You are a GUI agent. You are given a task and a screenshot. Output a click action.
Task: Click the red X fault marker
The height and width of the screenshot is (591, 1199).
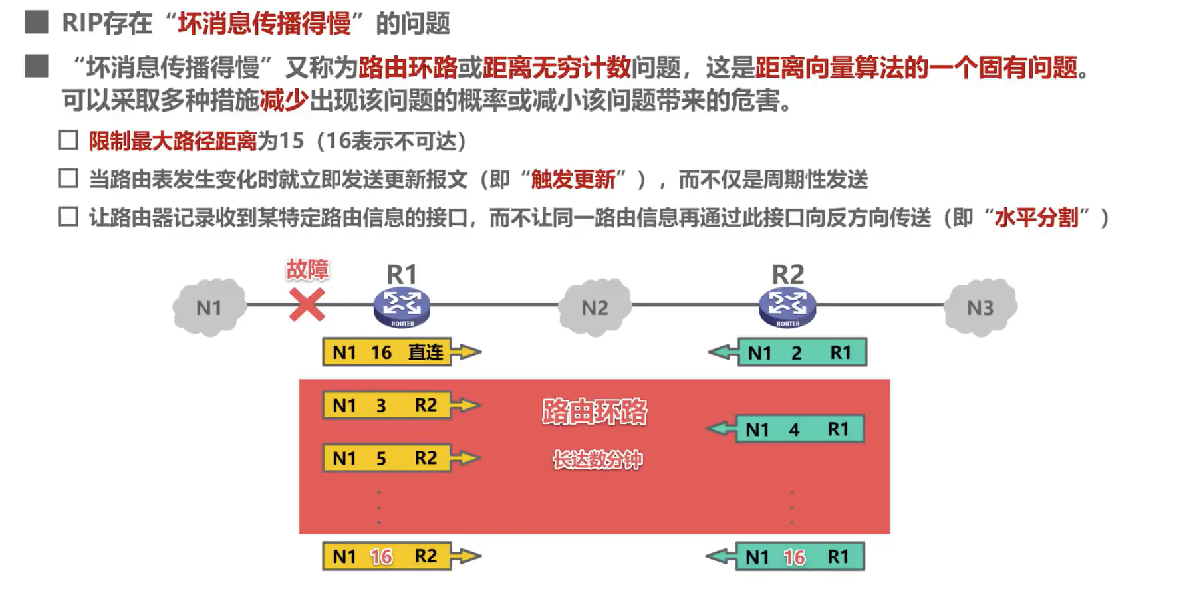pos(307,304)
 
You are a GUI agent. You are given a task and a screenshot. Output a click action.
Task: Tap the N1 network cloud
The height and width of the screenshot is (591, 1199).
pos(209,307)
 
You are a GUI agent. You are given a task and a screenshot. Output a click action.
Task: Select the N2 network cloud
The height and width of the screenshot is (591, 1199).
pos(595,307)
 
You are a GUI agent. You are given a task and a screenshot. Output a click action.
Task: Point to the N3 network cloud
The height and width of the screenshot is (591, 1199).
pos(980,307)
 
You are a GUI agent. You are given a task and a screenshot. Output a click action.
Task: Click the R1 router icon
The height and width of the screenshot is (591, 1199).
pos(402,306)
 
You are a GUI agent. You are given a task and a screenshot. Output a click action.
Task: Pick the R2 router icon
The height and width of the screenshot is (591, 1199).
pos(787,306)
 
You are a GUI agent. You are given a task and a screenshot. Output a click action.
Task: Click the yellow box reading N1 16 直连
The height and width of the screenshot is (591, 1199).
pos(387,352)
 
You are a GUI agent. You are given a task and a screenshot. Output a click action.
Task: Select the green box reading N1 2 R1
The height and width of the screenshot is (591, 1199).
pos(802,352)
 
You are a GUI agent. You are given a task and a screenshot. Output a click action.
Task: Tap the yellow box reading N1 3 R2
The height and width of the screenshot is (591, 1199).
pos(386,405)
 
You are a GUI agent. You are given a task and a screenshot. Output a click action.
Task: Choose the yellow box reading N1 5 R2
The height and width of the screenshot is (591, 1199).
pos(386,458)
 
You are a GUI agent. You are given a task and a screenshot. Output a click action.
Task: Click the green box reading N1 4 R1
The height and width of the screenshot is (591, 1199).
pos(799,429)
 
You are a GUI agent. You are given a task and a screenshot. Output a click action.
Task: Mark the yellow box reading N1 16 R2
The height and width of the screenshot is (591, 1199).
pos(386,556)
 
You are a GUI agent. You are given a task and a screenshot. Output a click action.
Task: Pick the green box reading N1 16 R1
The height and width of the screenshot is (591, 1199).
pos(799,557)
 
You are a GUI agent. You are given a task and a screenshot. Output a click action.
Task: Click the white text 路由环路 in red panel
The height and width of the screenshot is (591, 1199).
pos(594,412)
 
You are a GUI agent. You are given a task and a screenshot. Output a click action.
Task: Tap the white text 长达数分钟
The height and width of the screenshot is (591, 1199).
pos(597,459)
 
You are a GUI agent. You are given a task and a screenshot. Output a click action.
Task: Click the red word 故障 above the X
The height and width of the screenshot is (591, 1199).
pos(307,269)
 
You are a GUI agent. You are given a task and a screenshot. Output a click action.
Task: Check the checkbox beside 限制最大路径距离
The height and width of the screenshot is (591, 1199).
pos(68,140)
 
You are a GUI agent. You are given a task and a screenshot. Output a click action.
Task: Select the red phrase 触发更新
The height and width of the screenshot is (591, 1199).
pos(573,179)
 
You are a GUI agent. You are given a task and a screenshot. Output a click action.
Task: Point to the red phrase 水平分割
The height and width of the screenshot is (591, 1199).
pos(1036,217)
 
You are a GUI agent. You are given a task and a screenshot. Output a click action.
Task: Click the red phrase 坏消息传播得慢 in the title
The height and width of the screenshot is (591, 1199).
pos(264,23)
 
